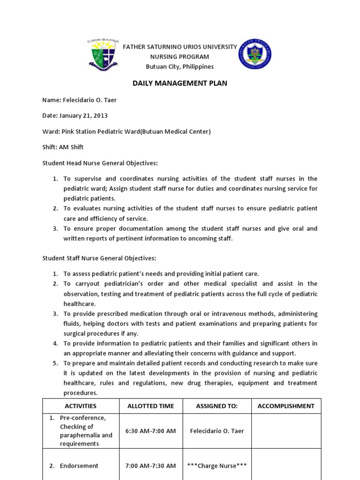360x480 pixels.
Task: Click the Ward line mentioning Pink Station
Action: coord(127,132)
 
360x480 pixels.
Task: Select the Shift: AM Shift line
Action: coord(63,147)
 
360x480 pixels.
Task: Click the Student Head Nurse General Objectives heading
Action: coord(100,163)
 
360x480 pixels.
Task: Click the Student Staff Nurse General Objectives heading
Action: coord(99,258)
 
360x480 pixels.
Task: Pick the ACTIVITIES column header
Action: coord(81,406)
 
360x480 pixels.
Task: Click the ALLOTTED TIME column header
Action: coord(150,406)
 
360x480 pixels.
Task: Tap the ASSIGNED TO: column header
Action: coord(217,406)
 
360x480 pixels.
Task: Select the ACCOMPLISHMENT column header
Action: coord(286,406)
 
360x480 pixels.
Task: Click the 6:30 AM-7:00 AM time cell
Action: coord(150,431)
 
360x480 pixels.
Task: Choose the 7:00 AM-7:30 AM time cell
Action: coord(150,465)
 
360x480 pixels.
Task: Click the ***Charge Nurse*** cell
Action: coord(217,465)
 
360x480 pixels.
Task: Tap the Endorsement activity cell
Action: coord(79,465)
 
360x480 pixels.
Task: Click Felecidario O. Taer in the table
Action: coord(217,431)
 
